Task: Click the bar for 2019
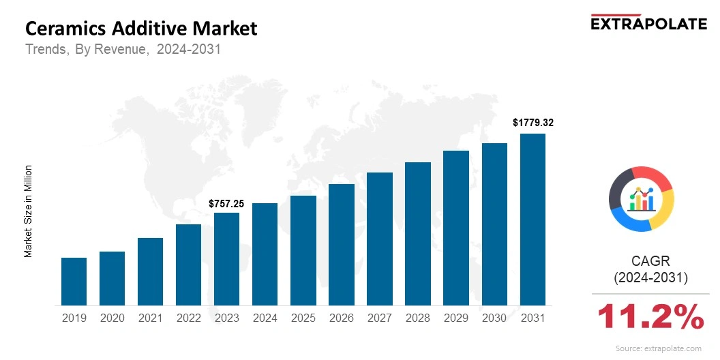[x=74, y=282]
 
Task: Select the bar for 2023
[x=226, y=259]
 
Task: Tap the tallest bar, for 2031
[x=532, y=220]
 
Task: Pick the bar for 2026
[x=341, y=245]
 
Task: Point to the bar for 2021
[x=150, y=271]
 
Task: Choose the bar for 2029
[x=456, y=228]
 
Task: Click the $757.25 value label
[x=226, y=203]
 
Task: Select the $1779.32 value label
[x=532, y=123]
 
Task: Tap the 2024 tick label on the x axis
[x=265, y=318]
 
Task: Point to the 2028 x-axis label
[x=418, y=318]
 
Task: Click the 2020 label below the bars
[x=112, y=318]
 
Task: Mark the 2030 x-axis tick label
[x=494, y=318]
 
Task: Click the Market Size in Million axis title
[x=29, y=211]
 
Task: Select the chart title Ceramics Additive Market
[x=141, y=29]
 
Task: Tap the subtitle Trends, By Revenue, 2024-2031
[x=123, y=50]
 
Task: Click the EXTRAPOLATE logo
[x=648, y=23]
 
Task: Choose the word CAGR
[x=650, y=260]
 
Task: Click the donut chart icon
[x=642, y=198]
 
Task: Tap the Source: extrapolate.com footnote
[x=658, y=348]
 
